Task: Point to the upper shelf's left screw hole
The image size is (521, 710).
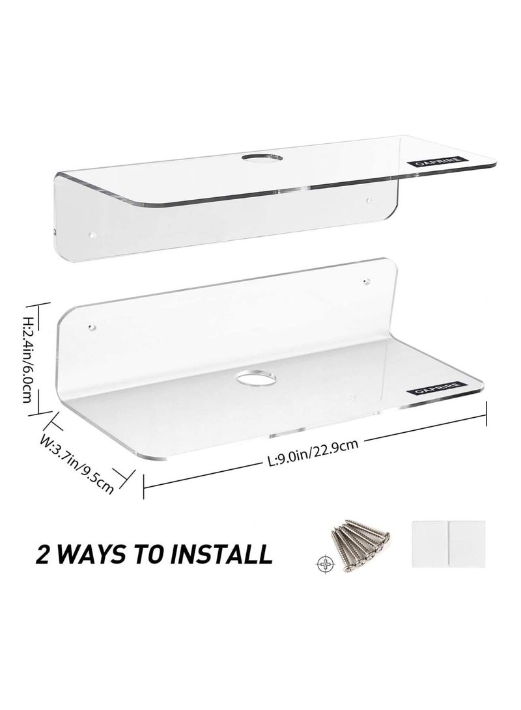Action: coord(92,231)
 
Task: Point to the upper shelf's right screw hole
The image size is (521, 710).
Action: coord(369,202)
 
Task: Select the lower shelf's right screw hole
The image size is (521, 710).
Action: coord(365,282)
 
